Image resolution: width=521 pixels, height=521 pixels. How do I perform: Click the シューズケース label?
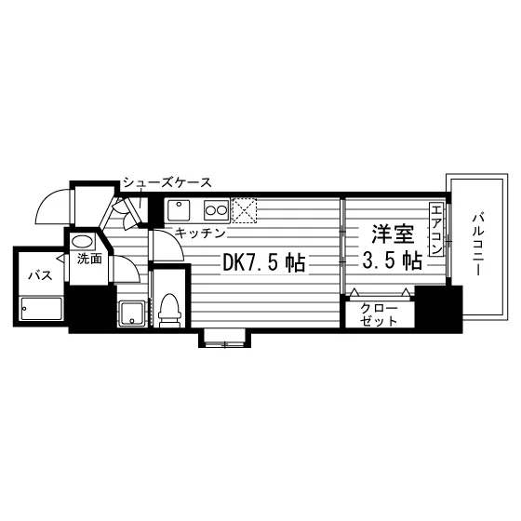click(x=167, y=182)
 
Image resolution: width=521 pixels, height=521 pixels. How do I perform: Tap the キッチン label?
click(x=200, y=234)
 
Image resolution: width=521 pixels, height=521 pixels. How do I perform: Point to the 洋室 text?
click(x=393, y=234)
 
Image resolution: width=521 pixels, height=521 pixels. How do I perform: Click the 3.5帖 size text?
click(x=392, y=260)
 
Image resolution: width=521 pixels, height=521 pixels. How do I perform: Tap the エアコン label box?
click(x=436, y=230)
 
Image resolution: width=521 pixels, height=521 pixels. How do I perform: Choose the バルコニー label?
click(x=478, y=246)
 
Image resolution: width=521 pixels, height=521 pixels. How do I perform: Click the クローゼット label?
click(x=380, y=314)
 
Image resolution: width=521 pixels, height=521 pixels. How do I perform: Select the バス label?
click(x=41, y=275)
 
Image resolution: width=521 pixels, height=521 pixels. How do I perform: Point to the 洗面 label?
click(x=89, y=260)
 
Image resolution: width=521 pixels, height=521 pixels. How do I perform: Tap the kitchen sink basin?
click(x=179, y=210)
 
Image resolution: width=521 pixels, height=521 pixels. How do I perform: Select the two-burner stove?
click(x=216, y=210)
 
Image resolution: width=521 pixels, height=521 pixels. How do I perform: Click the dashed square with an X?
click(x=244, y=210)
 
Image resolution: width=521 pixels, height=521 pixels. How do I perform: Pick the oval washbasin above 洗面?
click(x=82, y=241)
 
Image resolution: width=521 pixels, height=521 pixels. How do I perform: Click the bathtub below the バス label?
click(x=42, y=309)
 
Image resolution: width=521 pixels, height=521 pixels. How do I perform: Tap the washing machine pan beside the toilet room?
click(x=132, y=313)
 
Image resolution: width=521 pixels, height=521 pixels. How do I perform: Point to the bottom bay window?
click(x=224, y=338)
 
